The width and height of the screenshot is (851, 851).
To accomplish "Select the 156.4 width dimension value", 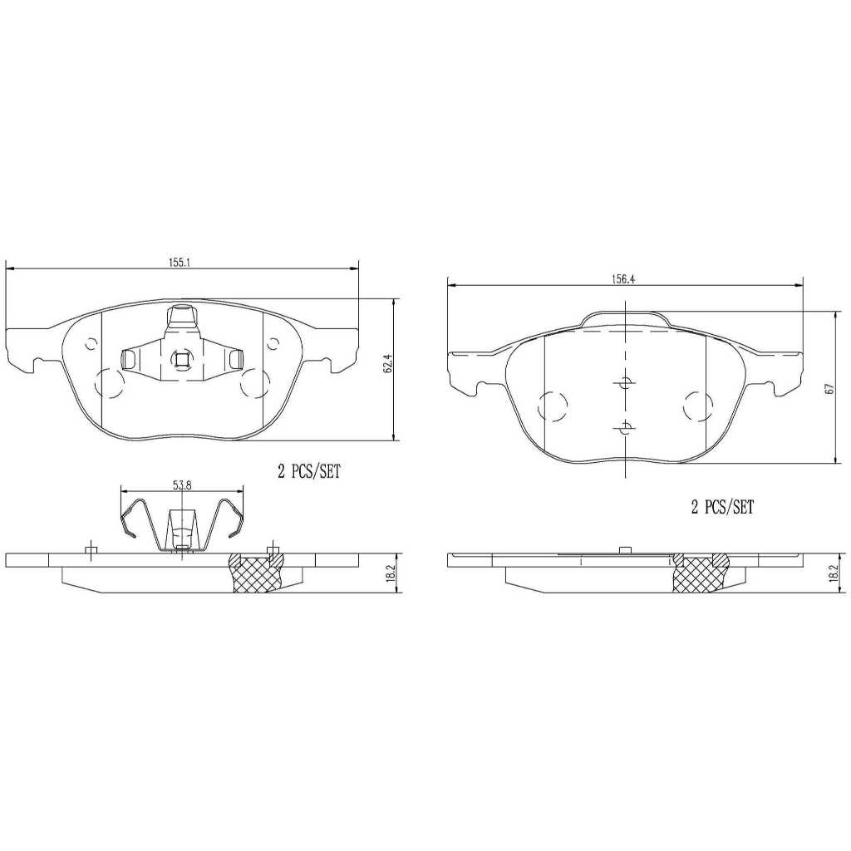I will point(622,279).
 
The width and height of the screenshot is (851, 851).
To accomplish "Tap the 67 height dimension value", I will point(828,389).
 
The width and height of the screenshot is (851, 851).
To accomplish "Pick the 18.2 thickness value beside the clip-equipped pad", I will point(389,573).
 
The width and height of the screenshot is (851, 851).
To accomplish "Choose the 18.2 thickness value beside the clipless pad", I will point(831,573).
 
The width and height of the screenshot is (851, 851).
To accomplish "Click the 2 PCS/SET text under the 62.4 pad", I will point(309,472).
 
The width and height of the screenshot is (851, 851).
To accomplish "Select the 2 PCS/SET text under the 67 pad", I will point(722,508).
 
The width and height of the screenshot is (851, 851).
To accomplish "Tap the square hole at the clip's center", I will point(180,358).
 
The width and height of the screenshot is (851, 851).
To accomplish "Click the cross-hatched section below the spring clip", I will point(255,578).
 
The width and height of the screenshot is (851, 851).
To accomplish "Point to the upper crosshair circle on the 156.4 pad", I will point(625,383).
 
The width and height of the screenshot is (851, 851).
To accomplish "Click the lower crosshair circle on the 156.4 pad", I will point(625,428).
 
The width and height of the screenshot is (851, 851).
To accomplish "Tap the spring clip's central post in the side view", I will point(180,532).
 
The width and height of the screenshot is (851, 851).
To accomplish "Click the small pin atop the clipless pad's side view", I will point(622,549).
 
